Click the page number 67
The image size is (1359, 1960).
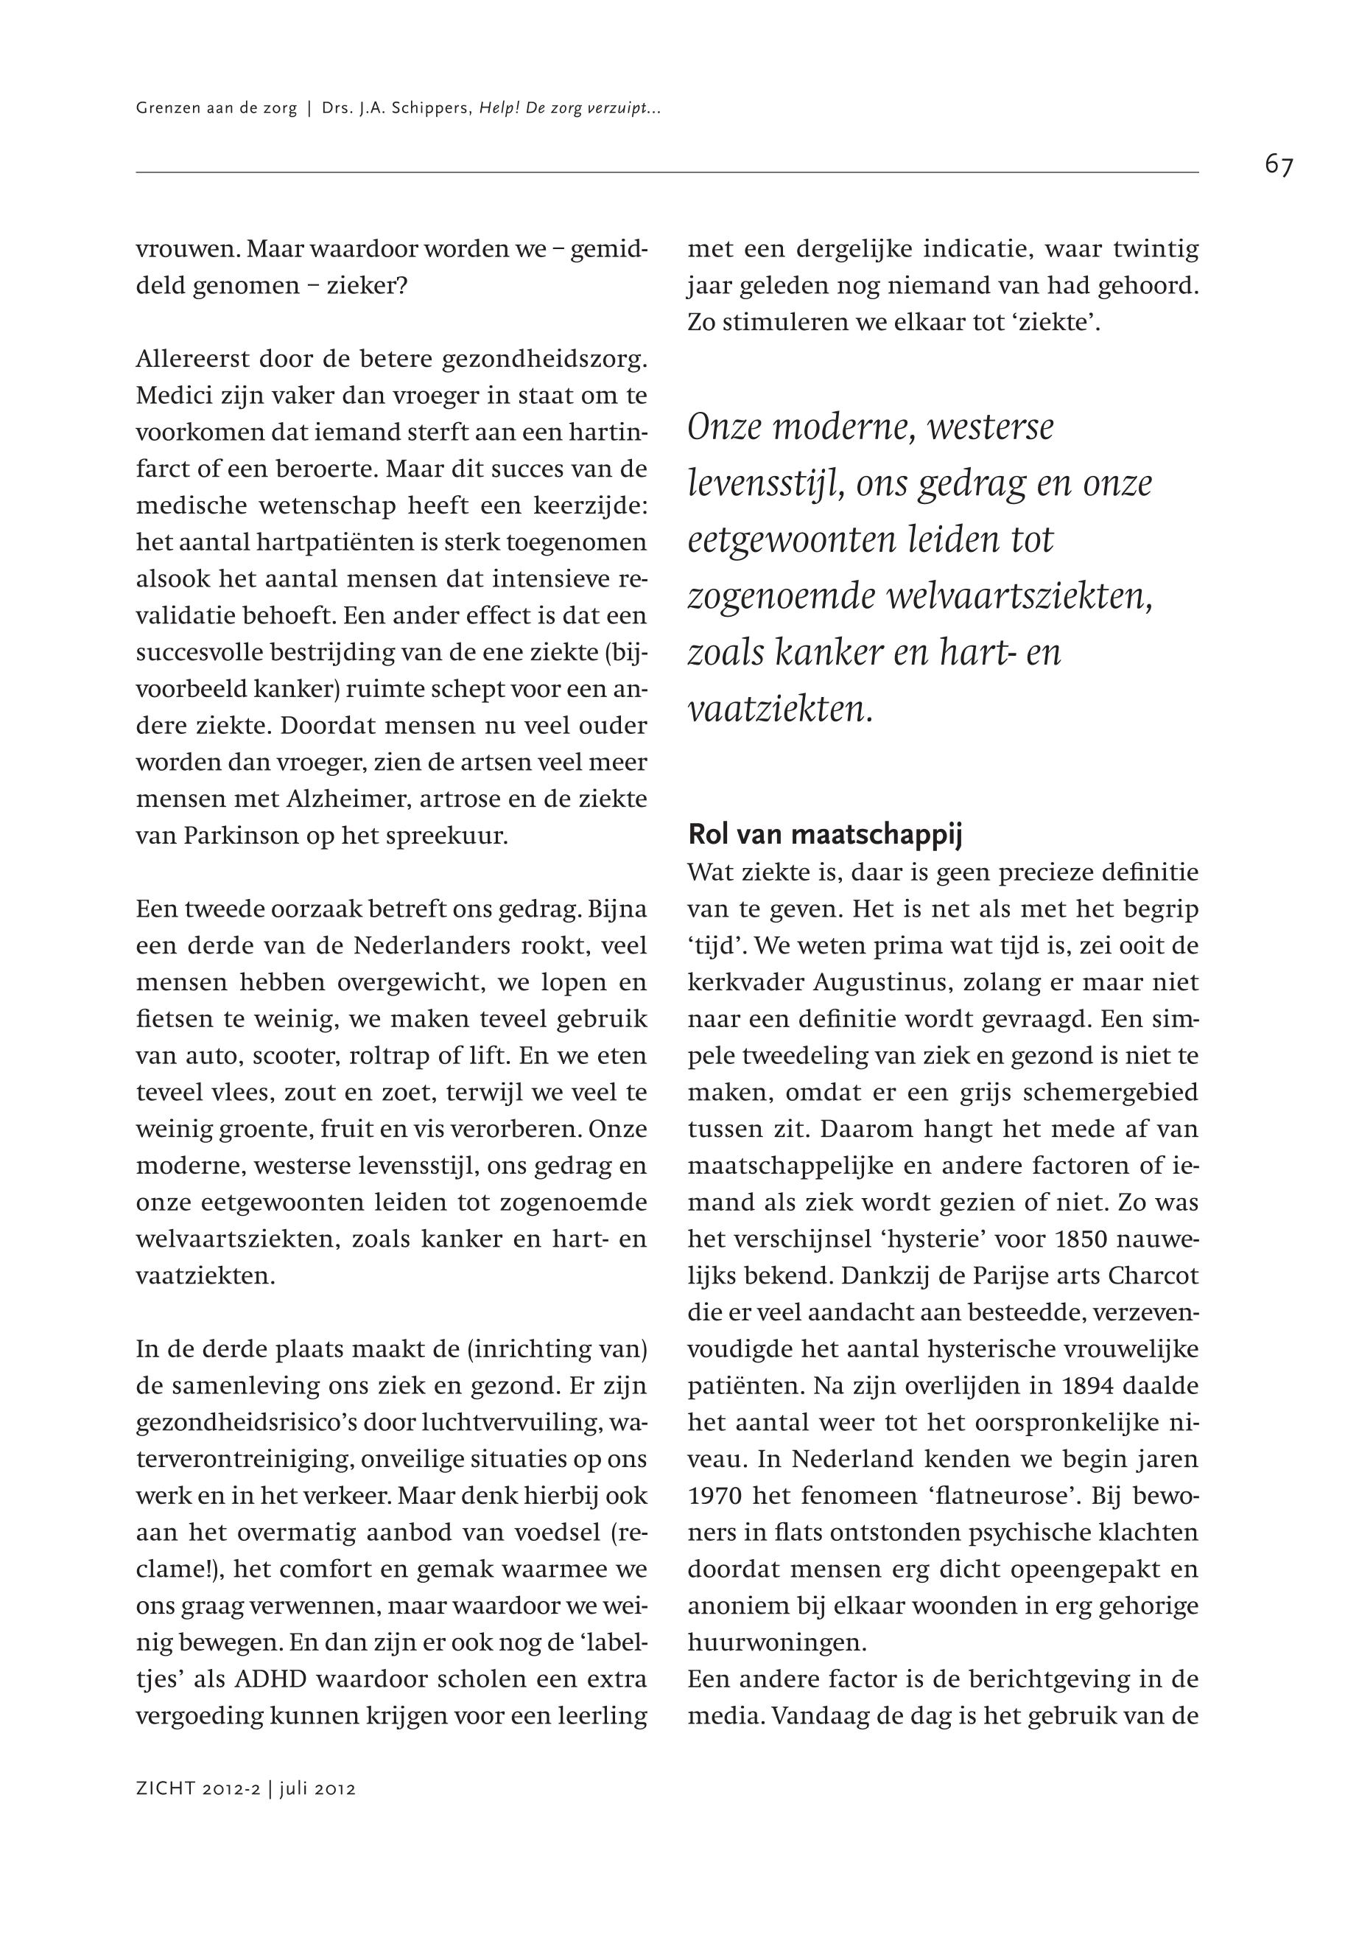[x=1278, y=165]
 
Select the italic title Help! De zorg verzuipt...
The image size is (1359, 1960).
[x=571, y=109]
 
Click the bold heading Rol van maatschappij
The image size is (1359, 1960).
[x=824, y=835]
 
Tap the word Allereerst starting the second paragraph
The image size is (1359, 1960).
[x=192, y=360]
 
